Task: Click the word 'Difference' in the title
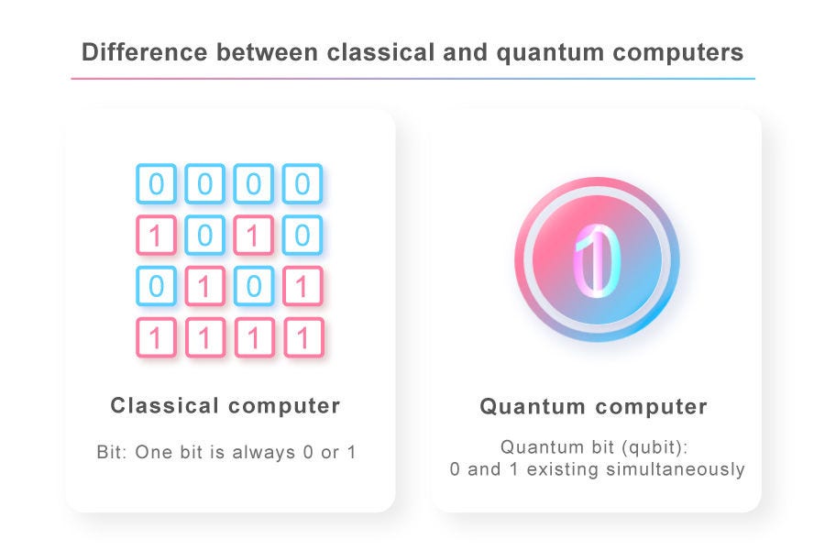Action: coord(144,52)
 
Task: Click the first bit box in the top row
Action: coord(156,183)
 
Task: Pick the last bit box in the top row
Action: coord(302,183)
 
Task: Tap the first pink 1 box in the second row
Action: coord(156,235)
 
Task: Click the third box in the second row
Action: coord(254,235)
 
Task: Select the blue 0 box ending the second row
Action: coord(302,235)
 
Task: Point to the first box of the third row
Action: coord(156,286)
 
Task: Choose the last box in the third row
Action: coord(302,286)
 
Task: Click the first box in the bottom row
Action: coord(156,337)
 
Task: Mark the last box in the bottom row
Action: coord(303,337)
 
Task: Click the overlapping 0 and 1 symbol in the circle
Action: coord(597,261)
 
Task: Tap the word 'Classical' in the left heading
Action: coord(165,405)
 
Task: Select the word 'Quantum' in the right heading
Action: coord(533,406)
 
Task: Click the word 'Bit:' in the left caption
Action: coord(112,452)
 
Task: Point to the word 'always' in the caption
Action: coord(264,453)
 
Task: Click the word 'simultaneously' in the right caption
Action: coord(676,469)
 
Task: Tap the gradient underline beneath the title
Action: coord(413,79)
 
